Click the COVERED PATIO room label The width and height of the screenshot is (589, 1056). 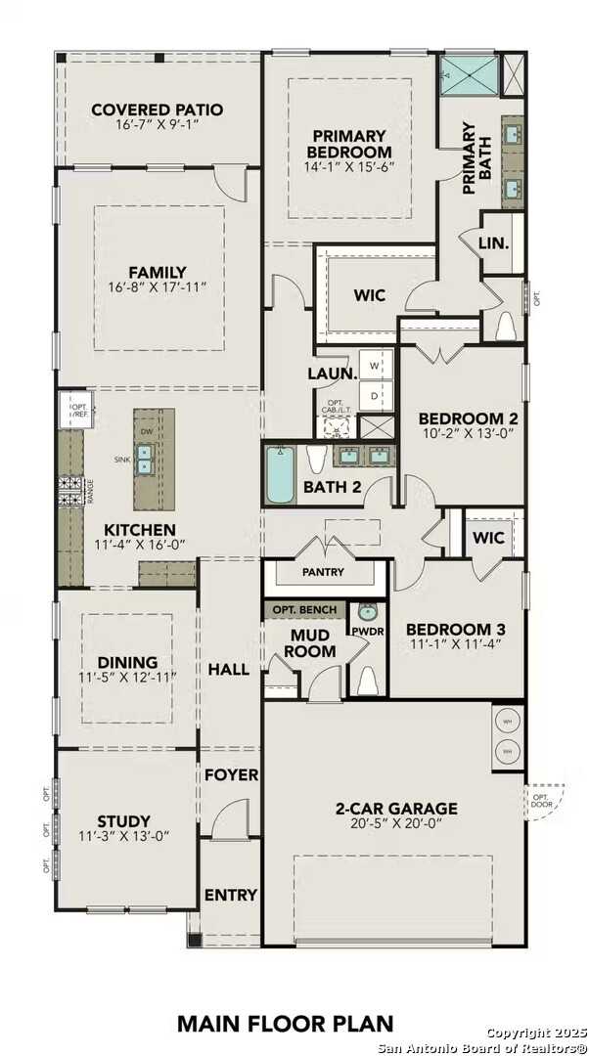[157, 110]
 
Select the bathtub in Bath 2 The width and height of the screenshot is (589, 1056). [280, 474]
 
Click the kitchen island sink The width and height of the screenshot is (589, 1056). [145, 459]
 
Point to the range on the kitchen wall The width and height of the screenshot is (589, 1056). [72, 489]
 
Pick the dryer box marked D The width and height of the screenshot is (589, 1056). [375, 396]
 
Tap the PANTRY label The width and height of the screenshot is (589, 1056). [323, 570]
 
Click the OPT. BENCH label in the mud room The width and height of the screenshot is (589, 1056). [304, 609]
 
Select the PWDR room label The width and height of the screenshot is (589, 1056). [368, 632]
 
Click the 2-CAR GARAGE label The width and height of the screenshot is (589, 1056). [396, 809]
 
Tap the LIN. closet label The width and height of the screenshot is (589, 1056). [494, 242]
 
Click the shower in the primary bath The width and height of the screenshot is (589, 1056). [466, 75]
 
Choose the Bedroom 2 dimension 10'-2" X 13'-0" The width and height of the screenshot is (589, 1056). [456, 432]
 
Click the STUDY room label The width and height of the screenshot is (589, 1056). [123, 820]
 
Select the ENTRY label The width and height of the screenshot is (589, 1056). [231, 895]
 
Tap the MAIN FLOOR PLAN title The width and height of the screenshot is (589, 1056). [286, 1023]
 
